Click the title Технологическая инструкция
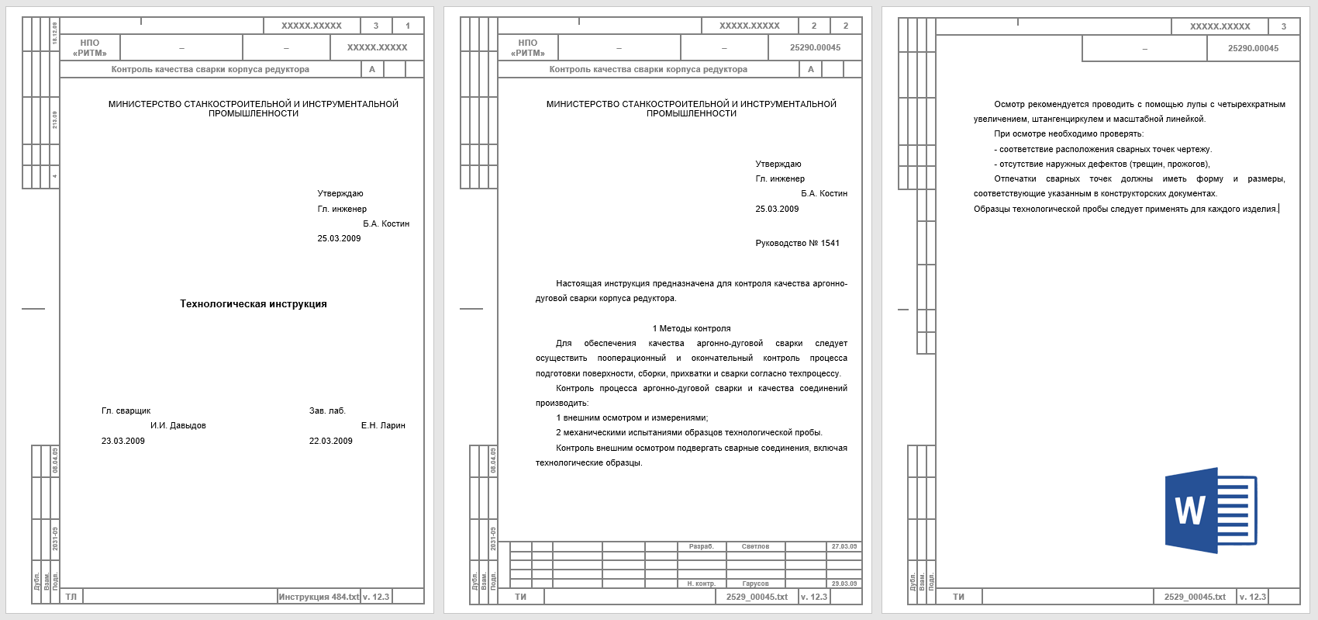click(x=254, y=304)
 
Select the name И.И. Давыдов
click(x=178, y=425)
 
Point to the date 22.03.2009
click(x=331, y=441)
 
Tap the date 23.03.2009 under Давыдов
click(x=123, y=441)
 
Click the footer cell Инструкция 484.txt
click(x=319, y=597)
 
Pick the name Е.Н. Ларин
click(x=383, y=425)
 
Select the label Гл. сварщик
click(x=126, y=410)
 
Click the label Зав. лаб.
click(x=327, y=410)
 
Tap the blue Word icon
click(x=1210, y=510)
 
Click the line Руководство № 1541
click(x=797, y=243)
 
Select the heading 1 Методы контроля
click(x=692, y=328)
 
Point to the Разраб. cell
click(x=701, y=546)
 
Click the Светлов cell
click(x=755, y=546)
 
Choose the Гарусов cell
click(x=755, y=584)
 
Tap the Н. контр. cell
click(x=701, y=584)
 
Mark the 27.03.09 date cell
click(x=844, y=546)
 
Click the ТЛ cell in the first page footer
click(x=71, y=597)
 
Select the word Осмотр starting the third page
click(x=1009, y=104)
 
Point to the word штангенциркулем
click(x=1068, y=119)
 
